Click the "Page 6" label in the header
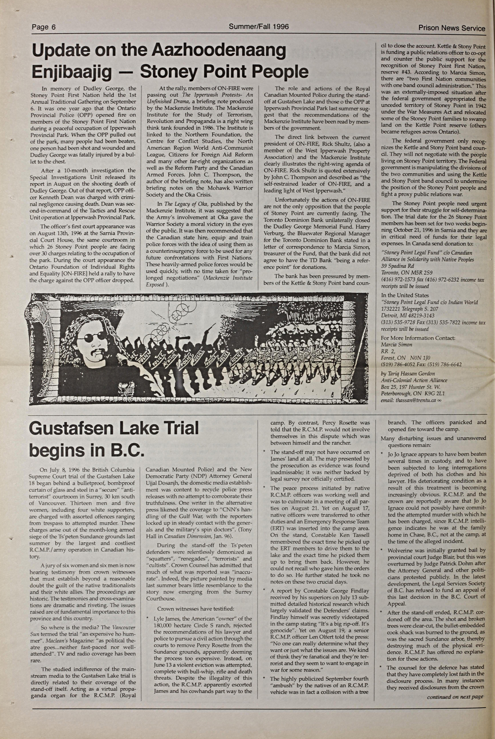[x=44, y=27]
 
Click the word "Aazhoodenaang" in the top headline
[x=219, y=51]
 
